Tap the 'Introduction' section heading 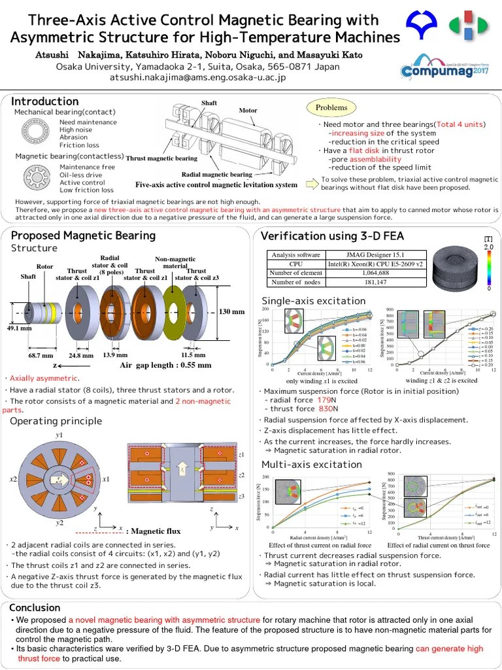click(45, 101)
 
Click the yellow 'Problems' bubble click(331, 107)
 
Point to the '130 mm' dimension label click(231, 311)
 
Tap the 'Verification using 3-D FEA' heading click(332, 236)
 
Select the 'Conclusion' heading click(35, 607)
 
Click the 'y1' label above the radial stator click(59, 435)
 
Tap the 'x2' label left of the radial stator click(12, 480)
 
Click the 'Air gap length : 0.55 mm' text click(165, 365)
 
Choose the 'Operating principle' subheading click(56, 421)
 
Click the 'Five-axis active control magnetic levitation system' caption click(216, 185)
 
